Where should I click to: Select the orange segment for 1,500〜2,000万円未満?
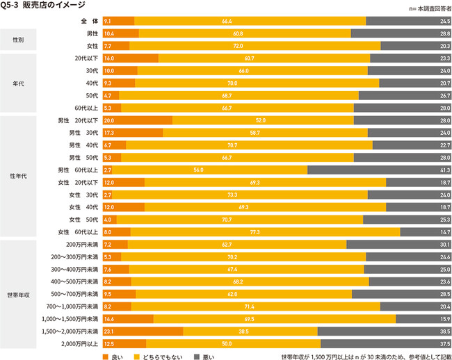coord(143,332)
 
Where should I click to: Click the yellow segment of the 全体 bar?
coord(250,22)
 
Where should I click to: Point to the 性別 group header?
coord(18,39)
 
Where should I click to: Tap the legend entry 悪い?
coord(205,356)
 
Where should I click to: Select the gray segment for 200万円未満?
coord(398,245)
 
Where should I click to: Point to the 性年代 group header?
coord(18,176)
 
